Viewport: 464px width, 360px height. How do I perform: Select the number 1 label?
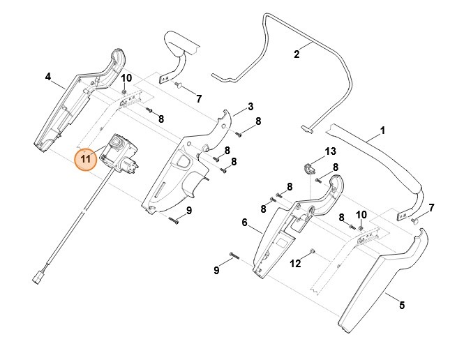pos(382,130)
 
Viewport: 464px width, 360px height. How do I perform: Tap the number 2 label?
pos(296,53)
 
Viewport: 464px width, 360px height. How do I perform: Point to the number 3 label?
pos(250,107)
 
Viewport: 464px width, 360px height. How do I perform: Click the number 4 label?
pos(47,77)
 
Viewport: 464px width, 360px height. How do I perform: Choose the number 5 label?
pos(401,305)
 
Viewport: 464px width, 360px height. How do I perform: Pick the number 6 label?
pos(244,223)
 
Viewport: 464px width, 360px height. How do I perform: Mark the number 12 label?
pos(295,263)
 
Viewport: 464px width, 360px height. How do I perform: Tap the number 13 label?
pos(330,151)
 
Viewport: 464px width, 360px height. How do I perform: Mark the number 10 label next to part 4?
pos(126,77)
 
